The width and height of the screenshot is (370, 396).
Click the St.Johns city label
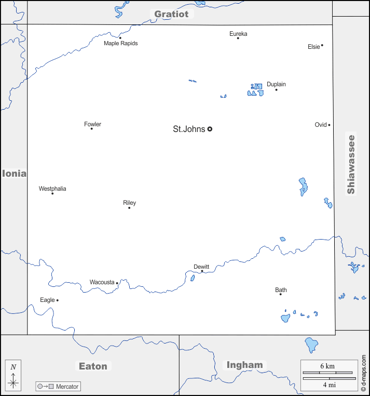click(x=189, y=129)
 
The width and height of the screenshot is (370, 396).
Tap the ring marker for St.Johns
click(x=210, y=129)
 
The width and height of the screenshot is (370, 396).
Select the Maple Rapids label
click(x=121, y=44)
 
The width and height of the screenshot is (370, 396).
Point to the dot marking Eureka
click(x=238, y=38)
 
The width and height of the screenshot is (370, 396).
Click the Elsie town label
click(x=313, y=47)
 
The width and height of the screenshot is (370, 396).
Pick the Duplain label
click(x=276, y=84)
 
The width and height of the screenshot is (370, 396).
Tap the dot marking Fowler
click(x=91, y=128)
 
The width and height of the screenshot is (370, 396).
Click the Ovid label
click(x=321, y=125)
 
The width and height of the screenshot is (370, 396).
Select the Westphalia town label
click(x=52, y=189)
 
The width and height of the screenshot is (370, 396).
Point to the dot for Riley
click(x=129, y=208)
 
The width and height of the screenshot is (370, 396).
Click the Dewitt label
click(x=201, y=267)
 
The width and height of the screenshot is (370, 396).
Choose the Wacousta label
click(x=102, y=282)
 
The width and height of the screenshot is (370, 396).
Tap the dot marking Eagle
click(x=58, y=300)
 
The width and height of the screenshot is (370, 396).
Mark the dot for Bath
click(x=281, y=294)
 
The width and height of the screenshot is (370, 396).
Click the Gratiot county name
click(x=171, y=14)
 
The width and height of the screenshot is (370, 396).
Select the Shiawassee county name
click(x=351, y=164)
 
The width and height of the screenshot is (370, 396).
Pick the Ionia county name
click(x=14, y=174)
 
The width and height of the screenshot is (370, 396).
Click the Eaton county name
click(x=93, y=366)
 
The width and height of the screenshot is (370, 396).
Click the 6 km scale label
click(x=327, y=366)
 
